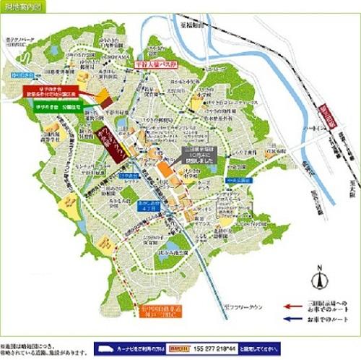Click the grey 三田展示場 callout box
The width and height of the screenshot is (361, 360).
(x=193, y=153)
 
